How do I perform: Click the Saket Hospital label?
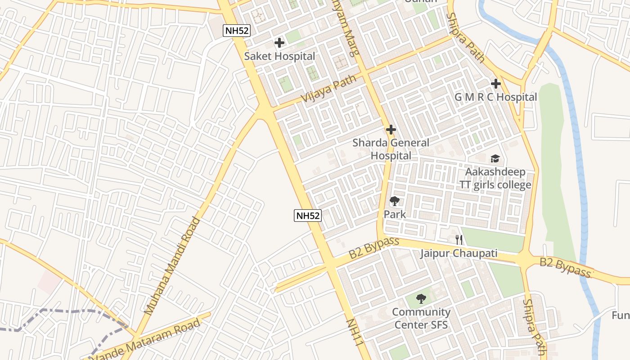coord(279,56)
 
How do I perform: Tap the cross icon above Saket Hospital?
coord(279,43)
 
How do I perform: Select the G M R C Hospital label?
coord(496,97)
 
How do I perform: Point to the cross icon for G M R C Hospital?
coord(496,84)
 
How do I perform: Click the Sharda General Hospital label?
coord(391,149)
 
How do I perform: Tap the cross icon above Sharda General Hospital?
coord(391,130)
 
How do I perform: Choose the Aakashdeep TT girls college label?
coord(495,178)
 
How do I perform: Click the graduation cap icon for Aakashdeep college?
coord(495,158)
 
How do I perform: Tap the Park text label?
coord(395,214)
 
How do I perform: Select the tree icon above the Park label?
coord(395,201)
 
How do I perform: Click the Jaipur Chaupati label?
coord(459,253)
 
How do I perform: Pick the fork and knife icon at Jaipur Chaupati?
coord(459,239)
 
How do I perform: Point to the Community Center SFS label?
coord(421,318)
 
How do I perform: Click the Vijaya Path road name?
coord(328,88)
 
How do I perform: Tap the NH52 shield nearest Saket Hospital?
coord(236,31)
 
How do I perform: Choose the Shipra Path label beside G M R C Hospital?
coord(465,38)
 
